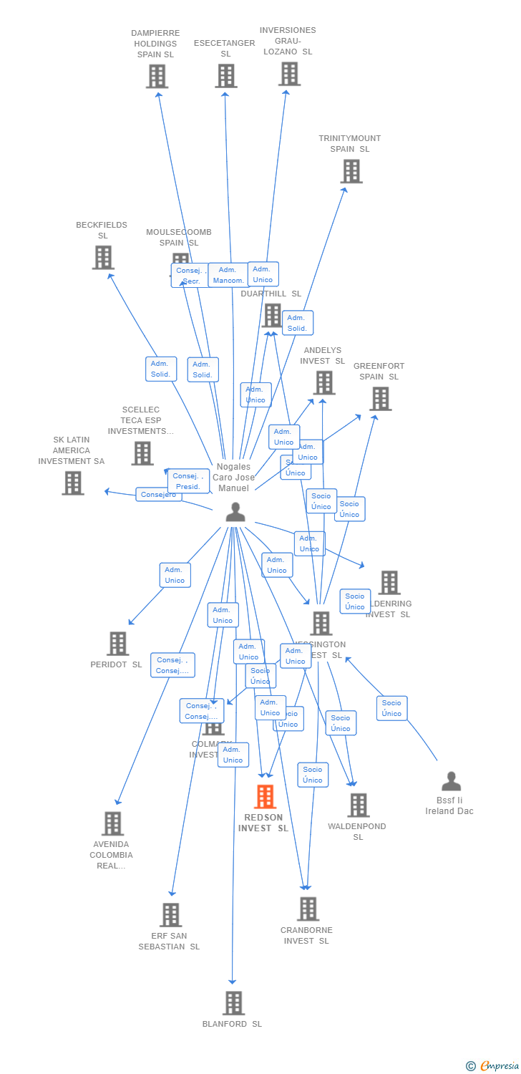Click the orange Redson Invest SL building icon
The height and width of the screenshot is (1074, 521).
tap(265, 797)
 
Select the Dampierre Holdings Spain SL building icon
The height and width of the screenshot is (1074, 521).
tap(157, 76)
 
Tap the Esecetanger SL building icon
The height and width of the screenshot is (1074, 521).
tap(225, 75)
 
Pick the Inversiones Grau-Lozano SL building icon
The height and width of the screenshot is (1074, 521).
tap(289, 74)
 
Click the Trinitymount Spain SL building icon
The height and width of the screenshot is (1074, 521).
tap(351, 171)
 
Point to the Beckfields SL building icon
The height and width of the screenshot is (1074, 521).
tap(103, 258)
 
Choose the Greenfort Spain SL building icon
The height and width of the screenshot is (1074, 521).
tap(380, 399)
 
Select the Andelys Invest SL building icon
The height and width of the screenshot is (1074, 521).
tap(323, 382)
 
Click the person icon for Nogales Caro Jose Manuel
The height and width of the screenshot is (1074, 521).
tap(235, 512)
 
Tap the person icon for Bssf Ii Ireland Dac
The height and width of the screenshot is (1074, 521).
tap(451, 781)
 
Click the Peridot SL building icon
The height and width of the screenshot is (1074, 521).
tap(117, 644)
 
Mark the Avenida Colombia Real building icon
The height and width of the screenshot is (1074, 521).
tap(112, 823)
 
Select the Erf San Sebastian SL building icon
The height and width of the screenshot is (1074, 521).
tap(170, 914)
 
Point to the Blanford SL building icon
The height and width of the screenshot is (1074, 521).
tap(233, 1003)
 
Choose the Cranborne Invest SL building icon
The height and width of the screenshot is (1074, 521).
tap(308, 909)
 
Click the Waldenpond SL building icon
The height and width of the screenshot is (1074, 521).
tap(358, 805)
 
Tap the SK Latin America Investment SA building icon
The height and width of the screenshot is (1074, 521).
tap(72, 483)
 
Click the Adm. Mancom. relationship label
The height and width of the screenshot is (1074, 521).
tap(228, 275)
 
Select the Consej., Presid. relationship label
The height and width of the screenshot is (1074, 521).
tap(188, 481)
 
